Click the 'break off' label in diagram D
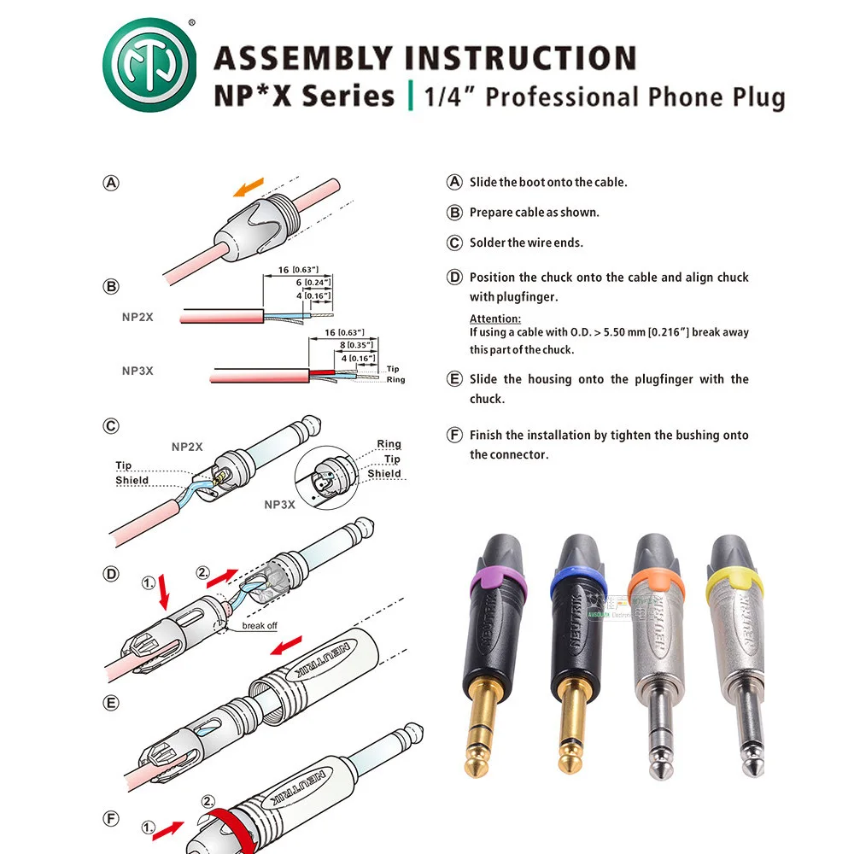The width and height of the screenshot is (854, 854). pyautogui.click(x=259, y=625)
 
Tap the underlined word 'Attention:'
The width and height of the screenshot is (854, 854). pyautogui.click(x=495, y=319)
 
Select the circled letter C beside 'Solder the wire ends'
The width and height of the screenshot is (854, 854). pyautogui.click(x=454, y=243)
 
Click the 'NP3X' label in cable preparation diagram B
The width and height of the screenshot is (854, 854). pyautogui.click(x=137, y=371)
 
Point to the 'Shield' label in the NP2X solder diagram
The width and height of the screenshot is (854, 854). pyautogui.click(x=132, y=481)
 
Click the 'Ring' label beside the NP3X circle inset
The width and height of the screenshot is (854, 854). pyautogui.click(x=389, y=444)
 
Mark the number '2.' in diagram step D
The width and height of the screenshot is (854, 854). pyautogui.click(x=203, y=573)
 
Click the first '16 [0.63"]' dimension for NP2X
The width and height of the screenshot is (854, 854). pyautogui.click(x=295, y=270)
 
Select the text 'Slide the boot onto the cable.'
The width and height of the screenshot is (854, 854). pyautogui.click(x=548, y=182)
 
